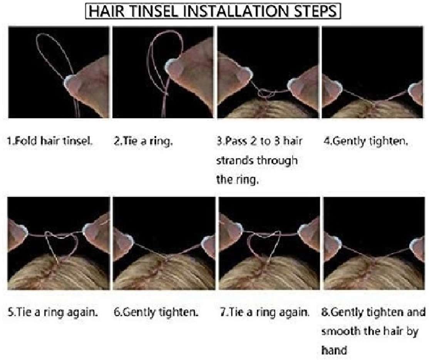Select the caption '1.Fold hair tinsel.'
click(x=50, y=141)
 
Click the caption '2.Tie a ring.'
click(x=143, y=141)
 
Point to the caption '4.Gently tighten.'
click(x=366, y=141)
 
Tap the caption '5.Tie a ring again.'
click(x=52, y=312)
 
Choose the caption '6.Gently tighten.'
click(x=156, y=312)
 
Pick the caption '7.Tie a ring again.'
click(x=265, y=312)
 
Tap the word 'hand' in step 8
click(x=334, y=350)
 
